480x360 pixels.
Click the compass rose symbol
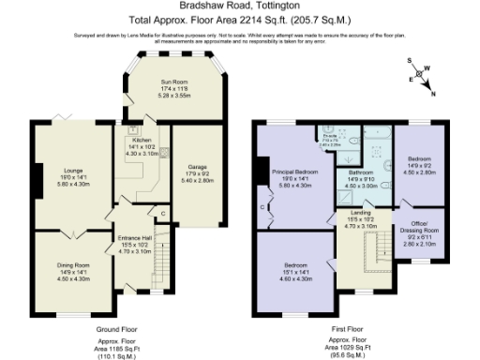423,76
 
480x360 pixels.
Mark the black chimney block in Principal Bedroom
256,174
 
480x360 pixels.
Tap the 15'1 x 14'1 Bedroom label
296,272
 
